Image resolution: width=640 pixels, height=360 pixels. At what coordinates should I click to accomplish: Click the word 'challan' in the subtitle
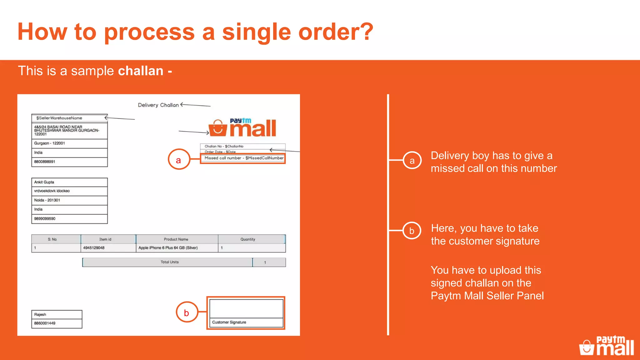pos(141,71)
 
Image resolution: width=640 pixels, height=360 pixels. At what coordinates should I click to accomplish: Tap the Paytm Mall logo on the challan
pos(243,128)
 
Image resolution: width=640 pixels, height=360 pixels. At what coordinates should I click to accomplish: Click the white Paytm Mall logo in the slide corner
pos(607,346)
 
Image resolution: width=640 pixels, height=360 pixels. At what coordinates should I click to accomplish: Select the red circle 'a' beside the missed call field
pos(179,160)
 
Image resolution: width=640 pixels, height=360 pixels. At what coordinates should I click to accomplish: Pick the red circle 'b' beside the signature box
pos(187,312)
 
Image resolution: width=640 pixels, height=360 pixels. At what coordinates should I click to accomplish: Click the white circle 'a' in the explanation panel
pos(412,160)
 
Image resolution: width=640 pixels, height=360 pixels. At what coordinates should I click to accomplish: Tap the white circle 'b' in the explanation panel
pos(412,231)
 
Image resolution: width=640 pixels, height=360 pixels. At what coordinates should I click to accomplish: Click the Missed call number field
pos(243,158)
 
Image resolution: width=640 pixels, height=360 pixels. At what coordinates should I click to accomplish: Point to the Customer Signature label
pos(229,322)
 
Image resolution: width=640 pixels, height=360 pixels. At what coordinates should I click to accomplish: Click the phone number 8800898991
pos(45,162)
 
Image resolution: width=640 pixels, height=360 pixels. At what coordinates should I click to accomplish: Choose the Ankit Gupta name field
pos(44,182)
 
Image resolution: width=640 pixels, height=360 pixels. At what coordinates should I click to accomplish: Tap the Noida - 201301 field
pos(47,200)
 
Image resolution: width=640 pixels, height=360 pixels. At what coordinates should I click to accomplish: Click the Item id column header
pos(105,239)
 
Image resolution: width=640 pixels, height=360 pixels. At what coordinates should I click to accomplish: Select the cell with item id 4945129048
pos(94,248)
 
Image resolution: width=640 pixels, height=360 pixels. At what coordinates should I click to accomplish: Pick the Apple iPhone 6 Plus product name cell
pos(168,248)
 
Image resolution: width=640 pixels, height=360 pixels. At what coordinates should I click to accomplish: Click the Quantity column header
pos(248,239)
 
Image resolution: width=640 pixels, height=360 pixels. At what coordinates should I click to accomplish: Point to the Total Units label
pos(170,262)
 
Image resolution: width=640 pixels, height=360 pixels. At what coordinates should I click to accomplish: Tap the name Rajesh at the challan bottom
pos(40,315)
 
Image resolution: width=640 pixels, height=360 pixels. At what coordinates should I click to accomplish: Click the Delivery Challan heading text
pos(158,105)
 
